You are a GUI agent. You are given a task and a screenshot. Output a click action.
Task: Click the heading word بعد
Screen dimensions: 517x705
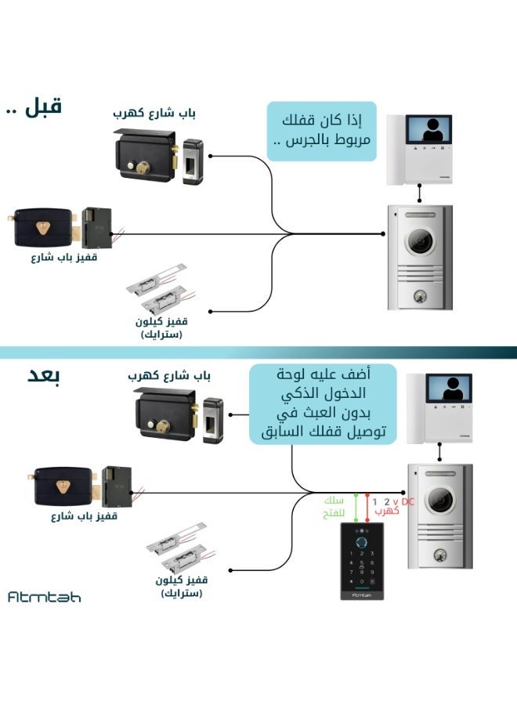coord(44,376)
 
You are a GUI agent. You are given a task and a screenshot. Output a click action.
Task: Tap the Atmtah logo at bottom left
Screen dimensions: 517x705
coord(45,597)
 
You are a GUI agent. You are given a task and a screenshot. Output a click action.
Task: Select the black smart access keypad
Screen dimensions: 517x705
coord(362,561)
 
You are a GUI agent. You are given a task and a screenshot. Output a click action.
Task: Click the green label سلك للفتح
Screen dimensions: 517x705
coord(334,507)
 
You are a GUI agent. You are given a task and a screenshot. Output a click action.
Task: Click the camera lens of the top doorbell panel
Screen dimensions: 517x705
coord(421,241)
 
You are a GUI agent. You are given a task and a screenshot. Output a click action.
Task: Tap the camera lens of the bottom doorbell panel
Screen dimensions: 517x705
coord(440,500)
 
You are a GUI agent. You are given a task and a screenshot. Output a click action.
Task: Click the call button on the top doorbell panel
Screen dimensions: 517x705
coord(421,296)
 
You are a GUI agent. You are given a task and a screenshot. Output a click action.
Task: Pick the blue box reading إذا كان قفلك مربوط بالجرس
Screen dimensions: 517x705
coord(321,132)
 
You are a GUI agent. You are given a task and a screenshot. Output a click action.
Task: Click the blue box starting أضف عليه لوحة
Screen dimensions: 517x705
coord(323,403)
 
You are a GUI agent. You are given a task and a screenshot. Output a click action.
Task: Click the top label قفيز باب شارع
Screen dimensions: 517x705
coord(63,258)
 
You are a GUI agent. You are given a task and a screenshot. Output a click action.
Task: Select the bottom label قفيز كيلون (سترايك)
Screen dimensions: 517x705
coord(181,586)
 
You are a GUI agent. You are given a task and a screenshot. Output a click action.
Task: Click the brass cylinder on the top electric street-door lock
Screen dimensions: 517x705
coord(143,168)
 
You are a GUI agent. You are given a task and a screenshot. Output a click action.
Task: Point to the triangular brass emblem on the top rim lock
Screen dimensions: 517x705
coord(43,227)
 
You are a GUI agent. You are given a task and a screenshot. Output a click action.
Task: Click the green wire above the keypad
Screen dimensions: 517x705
coord(356,508)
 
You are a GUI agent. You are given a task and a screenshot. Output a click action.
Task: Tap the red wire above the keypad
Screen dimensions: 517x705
coord(367,508)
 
